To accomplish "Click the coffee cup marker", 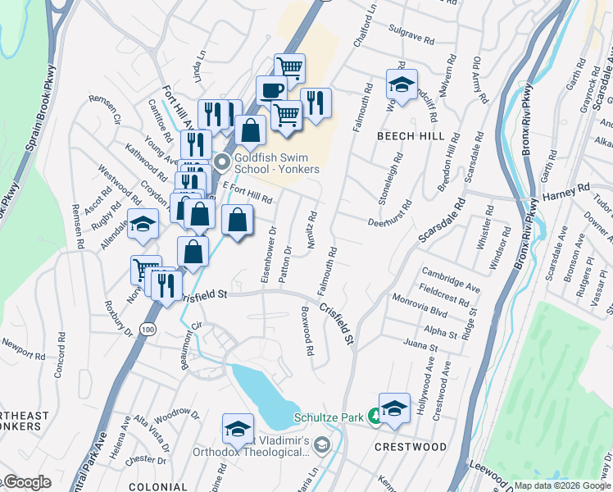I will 271,89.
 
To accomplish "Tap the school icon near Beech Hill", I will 402,84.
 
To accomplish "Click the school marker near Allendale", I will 143,225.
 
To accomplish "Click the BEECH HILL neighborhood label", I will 411,136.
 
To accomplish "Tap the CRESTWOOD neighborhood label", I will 411,447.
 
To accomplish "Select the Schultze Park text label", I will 329,418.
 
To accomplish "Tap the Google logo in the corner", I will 26,482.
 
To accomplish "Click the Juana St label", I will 421,348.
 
